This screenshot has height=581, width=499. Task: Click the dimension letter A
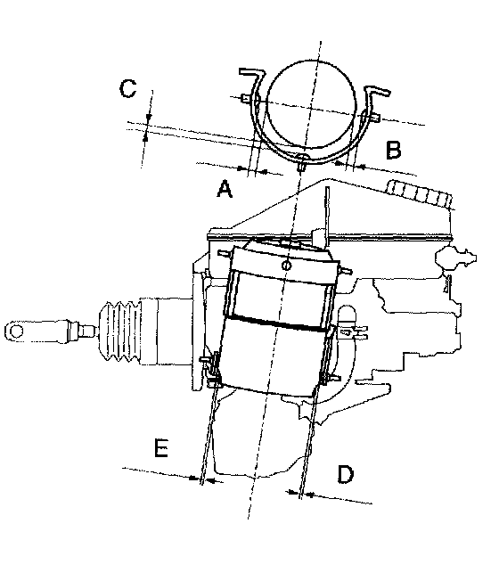225,189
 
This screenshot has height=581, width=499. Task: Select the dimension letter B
393,150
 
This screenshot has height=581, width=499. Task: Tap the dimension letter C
127,88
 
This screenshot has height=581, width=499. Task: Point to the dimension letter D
345,474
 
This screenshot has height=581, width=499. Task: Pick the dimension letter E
161,447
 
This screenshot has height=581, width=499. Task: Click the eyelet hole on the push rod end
16,331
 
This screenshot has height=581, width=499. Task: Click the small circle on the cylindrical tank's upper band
286,266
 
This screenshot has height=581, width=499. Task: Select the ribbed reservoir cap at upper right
419,192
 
